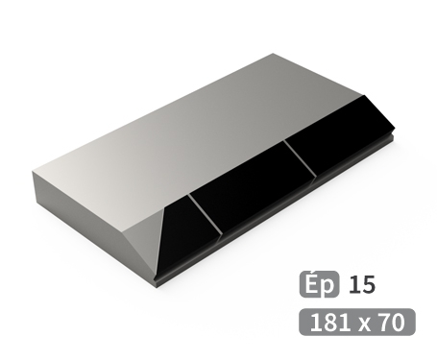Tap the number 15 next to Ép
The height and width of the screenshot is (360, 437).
click(362, 284)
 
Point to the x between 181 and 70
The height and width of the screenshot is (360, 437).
click(361, 323)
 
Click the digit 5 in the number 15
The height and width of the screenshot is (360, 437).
click(368, 284)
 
